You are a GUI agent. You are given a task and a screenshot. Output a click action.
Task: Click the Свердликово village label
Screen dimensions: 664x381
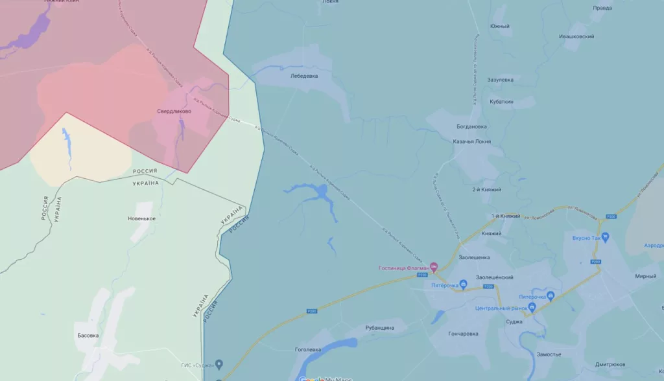pos(174,111)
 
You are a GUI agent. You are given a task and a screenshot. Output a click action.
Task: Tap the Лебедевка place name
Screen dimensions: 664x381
pos(304,76)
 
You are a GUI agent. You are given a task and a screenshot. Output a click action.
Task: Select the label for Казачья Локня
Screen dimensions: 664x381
pos(471,141)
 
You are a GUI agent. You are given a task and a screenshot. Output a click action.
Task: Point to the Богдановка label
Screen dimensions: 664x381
pos(471,126)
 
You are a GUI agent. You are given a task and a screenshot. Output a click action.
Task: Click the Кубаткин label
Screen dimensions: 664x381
pos(502,102)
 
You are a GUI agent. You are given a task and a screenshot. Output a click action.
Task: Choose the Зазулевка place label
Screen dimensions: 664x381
pos(501,80)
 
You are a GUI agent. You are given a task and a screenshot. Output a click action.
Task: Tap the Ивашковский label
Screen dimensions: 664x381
pos(576,37)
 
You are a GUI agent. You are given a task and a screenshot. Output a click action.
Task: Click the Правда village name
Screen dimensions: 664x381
pos(602,8)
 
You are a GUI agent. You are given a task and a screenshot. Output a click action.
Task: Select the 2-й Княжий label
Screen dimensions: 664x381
pos(487,189)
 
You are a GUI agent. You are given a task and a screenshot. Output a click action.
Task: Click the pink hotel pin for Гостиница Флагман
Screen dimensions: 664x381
pos(434,267)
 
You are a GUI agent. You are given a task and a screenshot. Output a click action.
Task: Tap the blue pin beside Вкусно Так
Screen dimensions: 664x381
pos(605,238)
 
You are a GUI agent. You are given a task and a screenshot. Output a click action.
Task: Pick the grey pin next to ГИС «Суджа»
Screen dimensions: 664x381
pos(219,364)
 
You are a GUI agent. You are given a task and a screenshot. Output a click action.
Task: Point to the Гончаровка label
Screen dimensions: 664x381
pos(463,334)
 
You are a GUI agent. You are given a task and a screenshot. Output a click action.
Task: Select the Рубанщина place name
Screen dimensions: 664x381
pos(379,328)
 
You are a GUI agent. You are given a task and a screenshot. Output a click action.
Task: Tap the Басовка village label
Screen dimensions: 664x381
pos(88,335)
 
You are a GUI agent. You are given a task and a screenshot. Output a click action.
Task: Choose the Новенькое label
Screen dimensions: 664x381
pos(141,219)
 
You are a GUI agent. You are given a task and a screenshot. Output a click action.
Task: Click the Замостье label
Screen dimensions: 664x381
pos(549,354)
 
